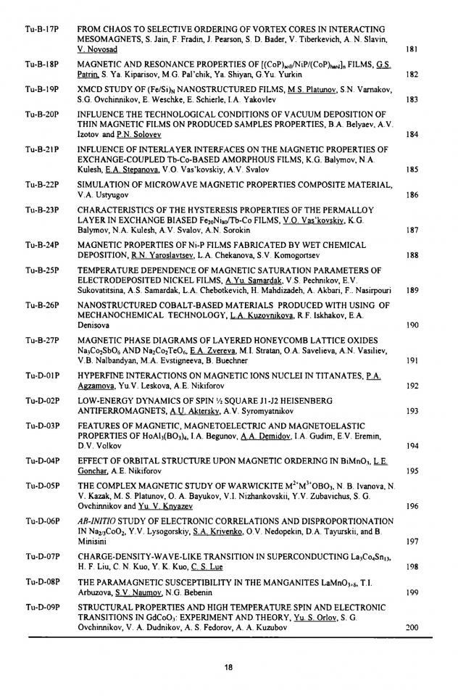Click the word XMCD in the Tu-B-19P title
tap(91, 88)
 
